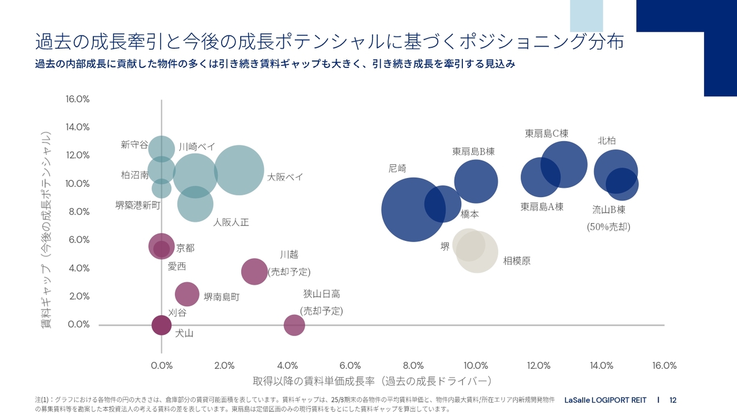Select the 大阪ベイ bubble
tap(238, 171)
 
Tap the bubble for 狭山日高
tap(294, 325)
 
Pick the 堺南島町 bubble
tap(187, 294)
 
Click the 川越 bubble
tap(254, 271)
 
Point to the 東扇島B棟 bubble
tap(476, 182)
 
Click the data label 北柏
tap(607, 141)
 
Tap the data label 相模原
tap(516, 261)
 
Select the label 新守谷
tap(134, 145)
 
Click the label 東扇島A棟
tap(542, 207)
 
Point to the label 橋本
tap(469, 214)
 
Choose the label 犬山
tap(184, 333)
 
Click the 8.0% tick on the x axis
tap(413, 365)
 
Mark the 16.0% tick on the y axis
tap(78, 99)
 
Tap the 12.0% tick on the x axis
tap(539, 365)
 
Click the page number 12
tap(673, 400)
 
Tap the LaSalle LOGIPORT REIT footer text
tap(605, 400)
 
